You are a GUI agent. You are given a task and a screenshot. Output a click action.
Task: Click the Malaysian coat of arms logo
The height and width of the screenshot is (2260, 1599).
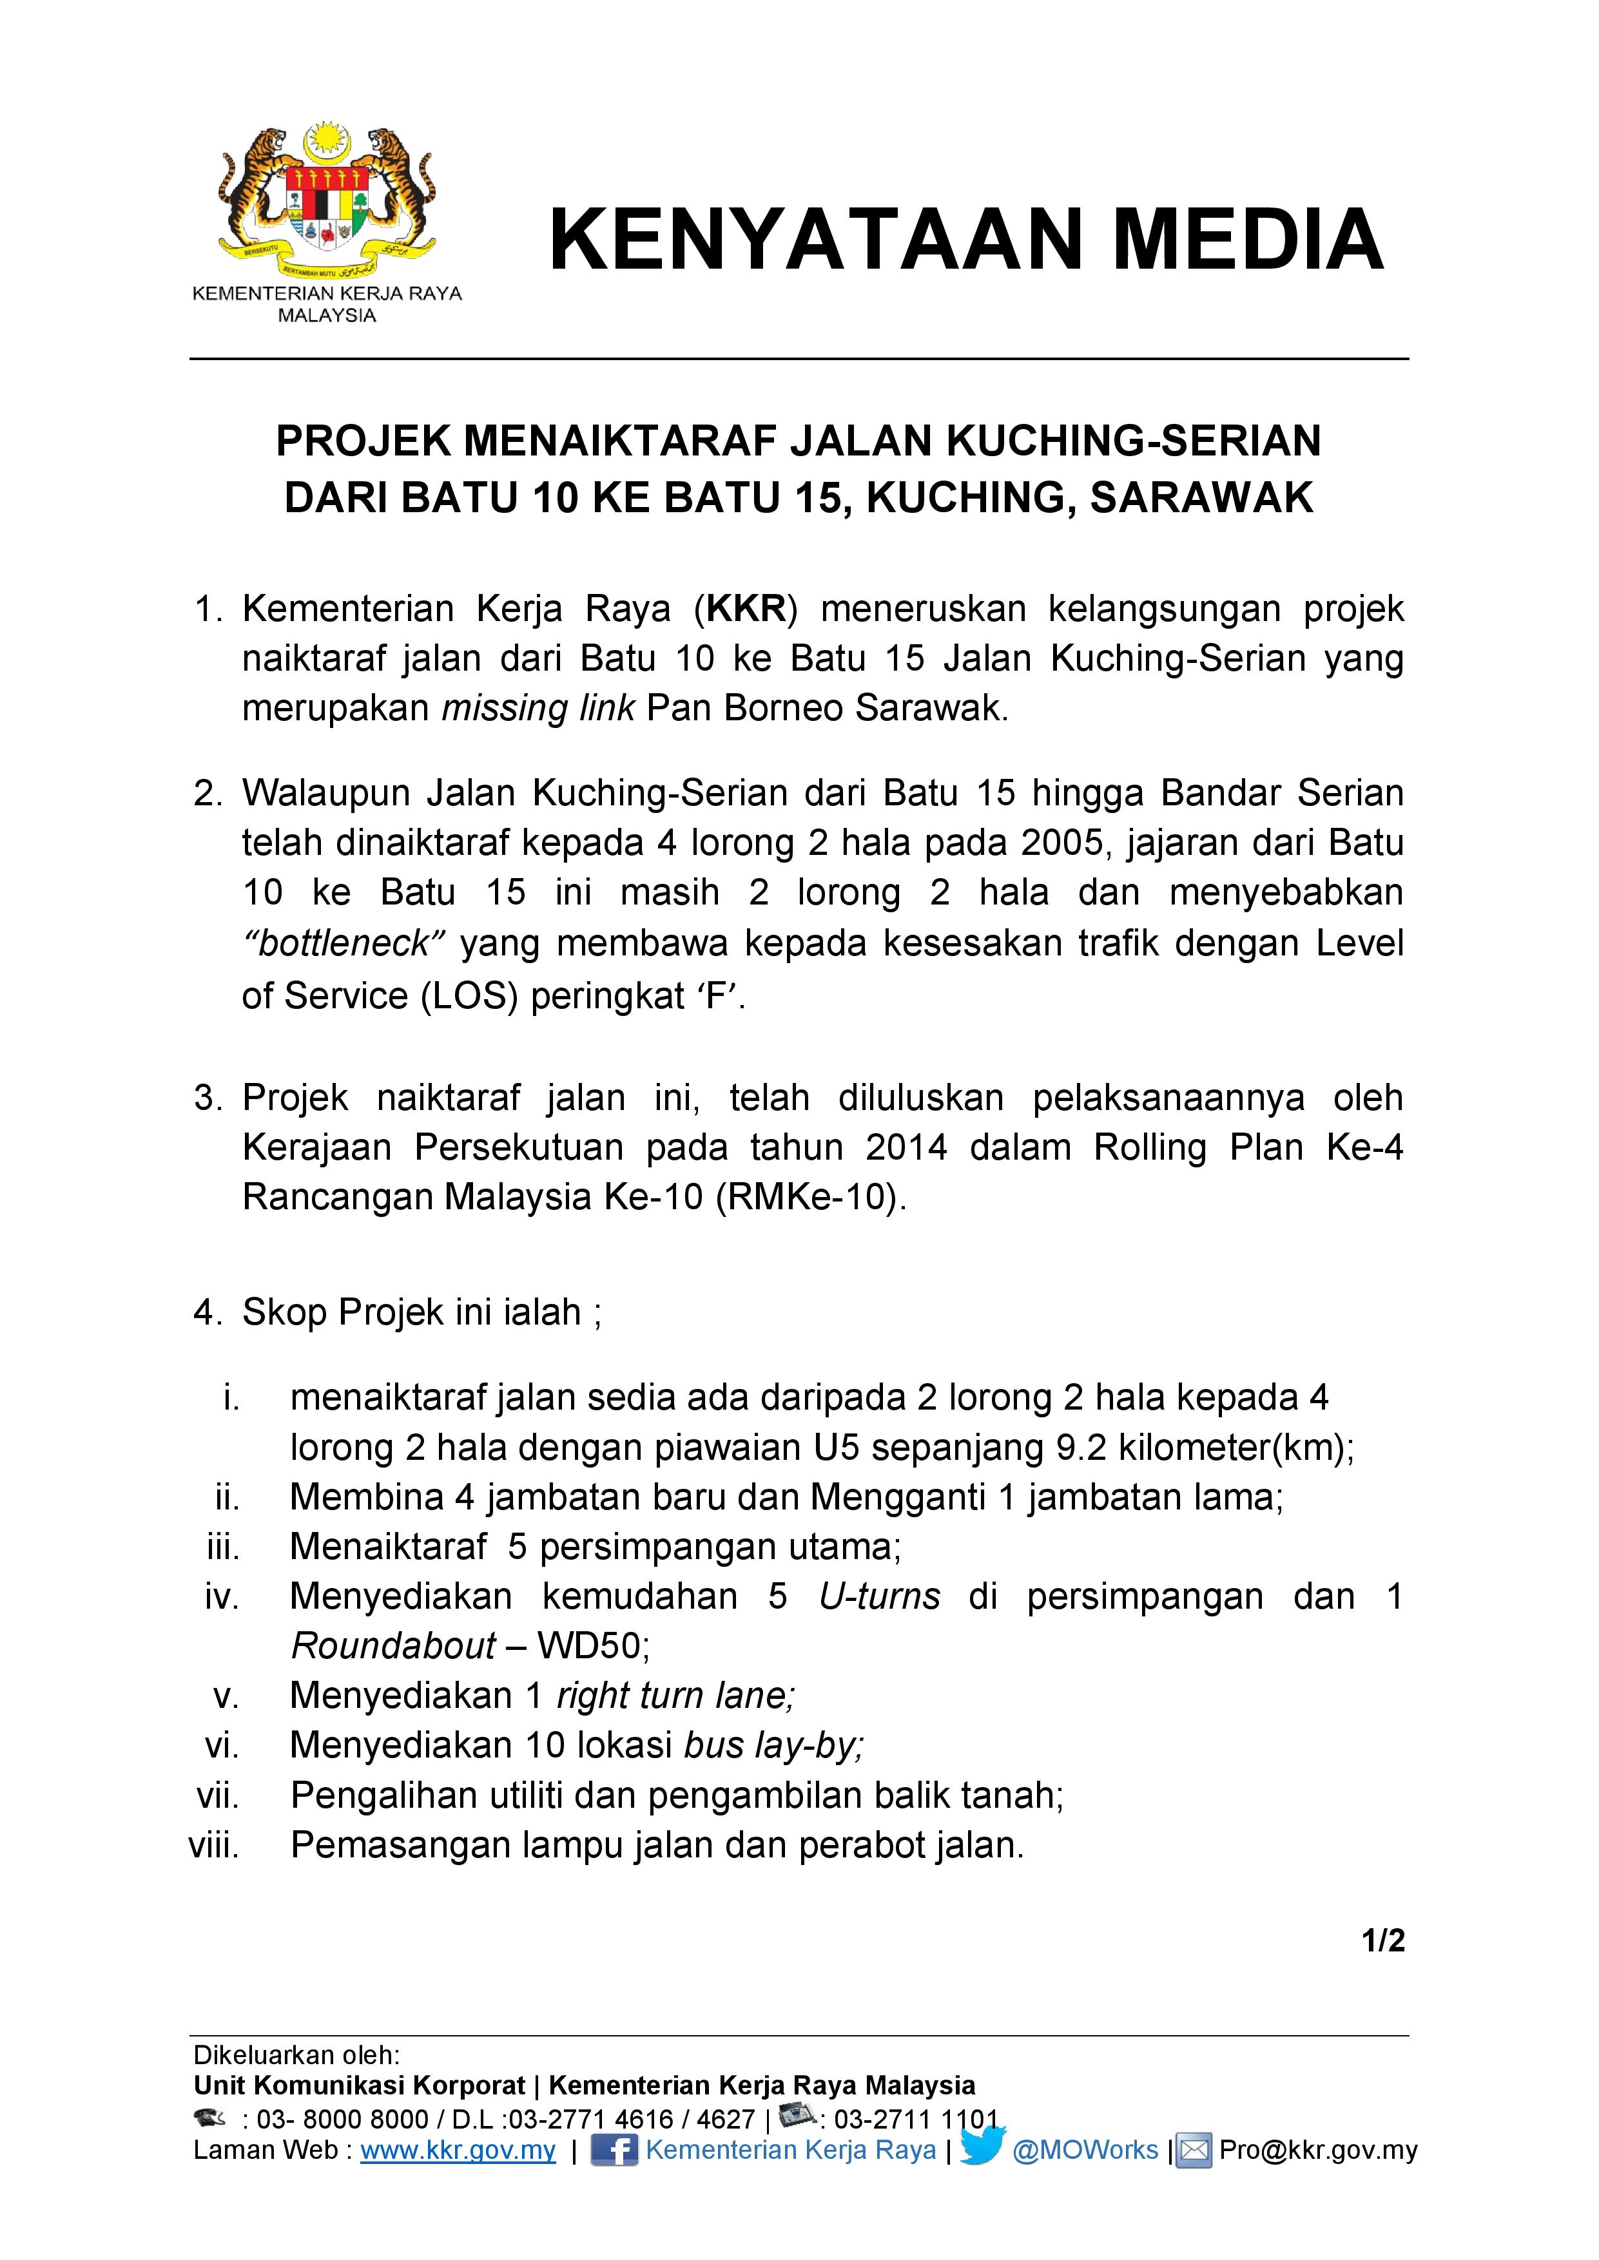[327, 201]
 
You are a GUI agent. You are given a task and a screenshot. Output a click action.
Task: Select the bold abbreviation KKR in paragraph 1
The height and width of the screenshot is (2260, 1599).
[748, 609]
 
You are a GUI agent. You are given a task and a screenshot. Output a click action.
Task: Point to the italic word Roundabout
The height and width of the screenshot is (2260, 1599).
[393, 1646]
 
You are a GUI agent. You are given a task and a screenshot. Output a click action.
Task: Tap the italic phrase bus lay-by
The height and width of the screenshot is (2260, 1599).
[773, 1745]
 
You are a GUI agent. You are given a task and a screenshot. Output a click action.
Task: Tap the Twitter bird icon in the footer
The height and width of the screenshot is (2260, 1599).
[982, 2147]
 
